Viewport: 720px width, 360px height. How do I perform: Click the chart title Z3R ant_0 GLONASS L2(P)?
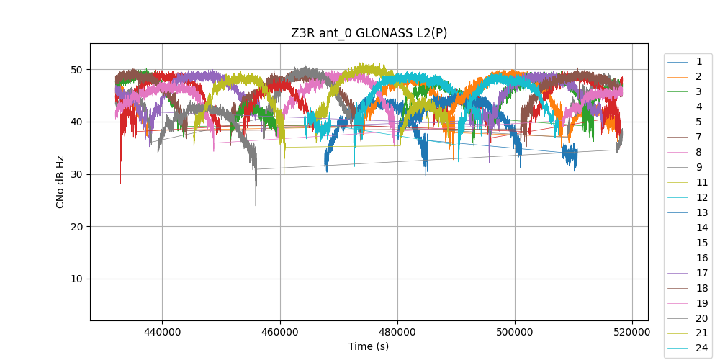pos(369,33)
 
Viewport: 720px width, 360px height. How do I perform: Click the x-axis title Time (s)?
pos(369,346)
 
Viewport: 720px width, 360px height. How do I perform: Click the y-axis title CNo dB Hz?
pos(60,182)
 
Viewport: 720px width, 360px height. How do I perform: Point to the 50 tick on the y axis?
pos(76,70)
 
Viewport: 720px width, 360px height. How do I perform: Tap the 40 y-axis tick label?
pos(76,122)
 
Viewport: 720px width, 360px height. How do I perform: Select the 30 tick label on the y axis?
pos(76,174)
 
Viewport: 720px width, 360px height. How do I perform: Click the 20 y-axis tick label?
pos(76,227)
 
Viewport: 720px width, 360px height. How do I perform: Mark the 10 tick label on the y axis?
pos(76,279)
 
